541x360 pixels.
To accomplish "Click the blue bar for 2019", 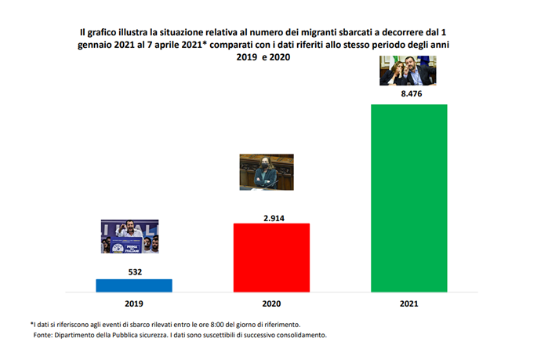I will [134, 285].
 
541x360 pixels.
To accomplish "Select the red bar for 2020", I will [272, 257].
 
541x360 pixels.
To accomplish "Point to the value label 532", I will [134, 271].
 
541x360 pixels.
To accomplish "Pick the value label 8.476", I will [409, 95].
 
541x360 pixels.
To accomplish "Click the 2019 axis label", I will [134, 304].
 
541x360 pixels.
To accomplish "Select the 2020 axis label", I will [272, 304].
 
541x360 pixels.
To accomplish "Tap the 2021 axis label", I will [409, 304].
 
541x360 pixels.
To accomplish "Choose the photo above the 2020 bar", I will [267, 172].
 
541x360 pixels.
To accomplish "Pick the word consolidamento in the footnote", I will [297, 335].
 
